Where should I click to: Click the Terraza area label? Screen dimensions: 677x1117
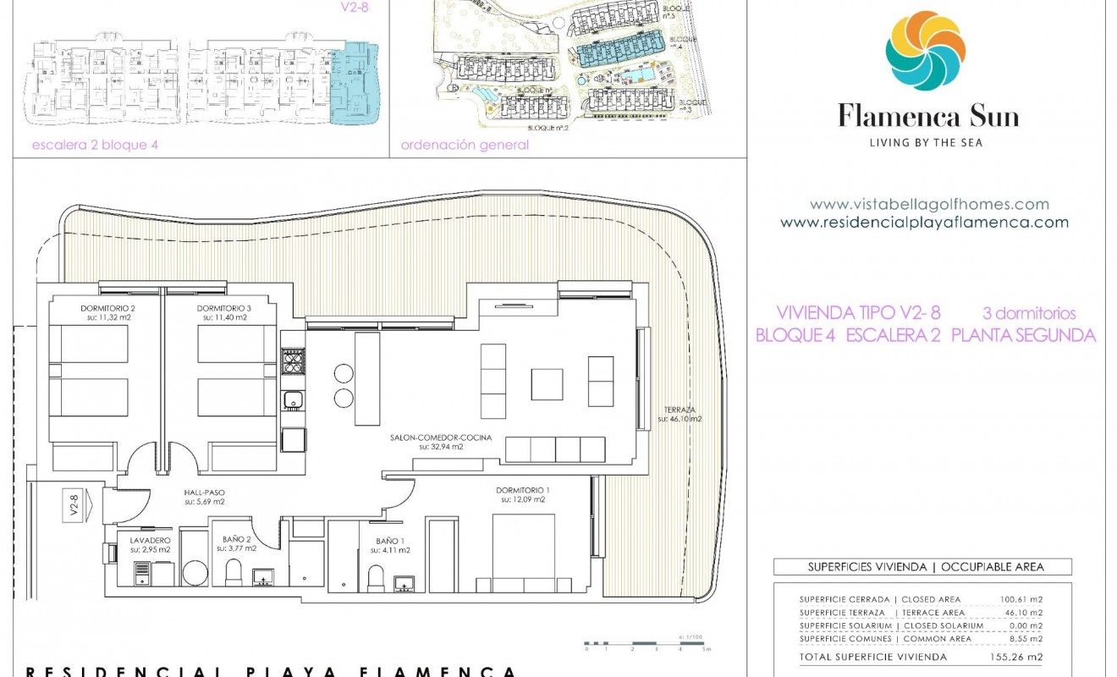point(680,413)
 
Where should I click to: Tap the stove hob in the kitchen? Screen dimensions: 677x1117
point(293,361)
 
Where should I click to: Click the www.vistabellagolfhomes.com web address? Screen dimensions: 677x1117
point(929,204)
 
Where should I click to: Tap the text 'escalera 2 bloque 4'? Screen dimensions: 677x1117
point(95,145)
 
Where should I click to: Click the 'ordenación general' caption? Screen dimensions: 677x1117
point(465,145)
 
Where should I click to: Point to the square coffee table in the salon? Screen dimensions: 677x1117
point(547,384)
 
